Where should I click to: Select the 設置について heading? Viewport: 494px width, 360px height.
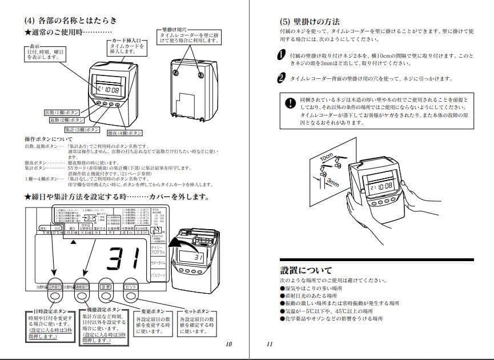click(x=306, y=270)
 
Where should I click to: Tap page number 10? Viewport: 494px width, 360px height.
click(x=229, y=344)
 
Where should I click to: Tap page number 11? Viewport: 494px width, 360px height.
click(x=270, y=344)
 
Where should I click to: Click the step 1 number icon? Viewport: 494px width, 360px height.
click(x=281, y=55)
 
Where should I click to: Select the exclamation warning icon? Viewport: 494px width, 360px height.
click(x=291, y=103)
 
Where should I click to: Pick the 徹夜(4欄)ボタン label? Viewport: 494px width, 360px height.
click(x=124, y=133)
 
